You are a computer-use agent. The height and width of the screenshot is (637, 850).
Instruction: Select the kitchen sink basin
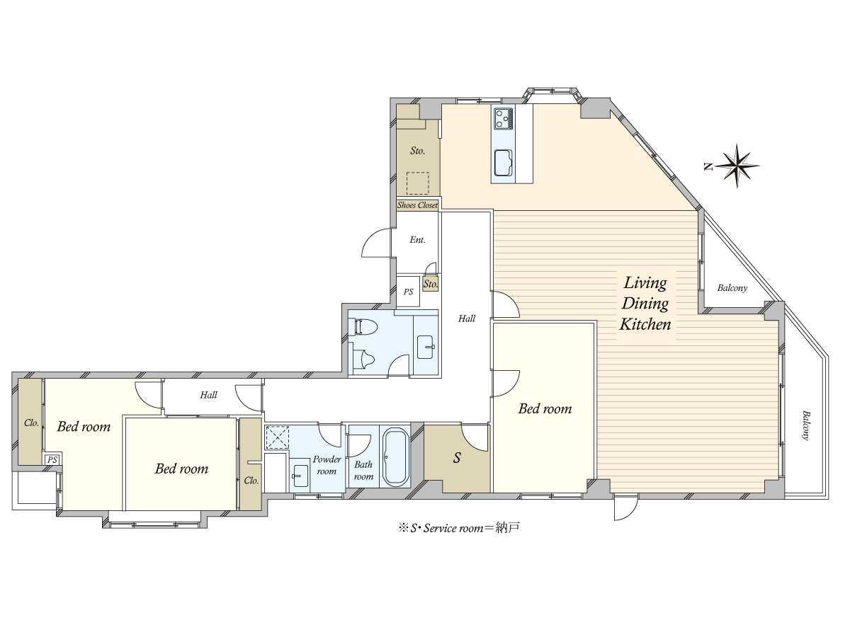[x=504, y=163]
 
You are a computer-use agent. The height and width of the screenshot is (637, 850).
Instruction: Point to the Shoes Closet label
[x=417, y=205]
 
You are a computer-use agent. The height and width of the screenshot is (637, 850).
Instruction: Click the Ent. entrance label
[x=417, y=240]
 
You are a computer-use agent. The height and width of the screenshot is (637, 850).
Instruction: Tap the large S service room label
[x=457, y=457]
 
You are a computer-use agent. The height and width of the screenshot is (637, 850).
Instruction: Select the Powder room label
[x=327, y=465]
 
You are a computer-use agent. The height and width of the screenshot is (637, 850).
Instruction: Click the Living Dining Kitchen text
[x=645, y=304]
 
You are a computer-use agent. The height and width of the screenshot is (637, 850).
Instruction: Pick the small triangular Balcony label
[x=732, y=288]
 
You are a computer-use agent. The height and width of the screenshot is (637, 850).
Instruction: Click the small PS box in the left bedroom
[x=52, y=459]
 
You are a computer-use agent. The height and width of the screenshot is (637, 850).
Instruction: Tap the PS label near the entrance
[x=408, y=292]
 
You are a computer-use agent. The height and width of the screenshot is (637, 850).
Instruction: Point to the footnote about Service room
[x=459, y=528]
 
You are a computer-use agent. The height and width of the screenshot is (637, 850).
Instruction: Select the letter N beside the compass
[x=708, y=167]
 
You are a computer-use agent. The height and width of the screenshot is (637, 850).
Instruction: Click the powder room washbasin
[x=300, y=476]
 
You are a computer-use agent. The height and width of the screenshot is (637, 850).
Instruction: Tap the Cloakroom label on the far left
[x=31, y=423]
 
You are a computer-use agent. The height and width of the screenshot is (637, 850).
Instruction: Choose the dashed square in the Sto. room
[x=418, y=183]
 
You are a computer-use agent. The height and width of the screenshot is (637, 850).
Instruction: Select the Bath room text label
[x=363, y=470]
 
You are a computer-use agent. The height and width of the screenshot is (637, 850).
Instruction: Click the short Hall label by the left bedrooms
[x=208, y=395]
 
